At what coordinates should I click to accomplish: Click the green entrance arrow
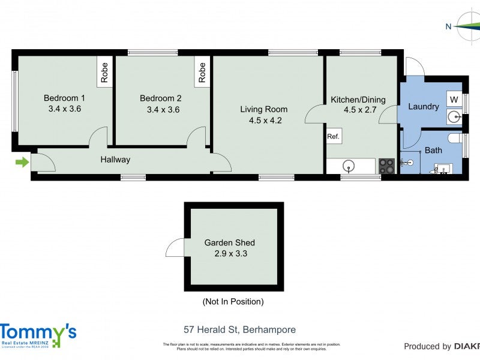tap(22, 162)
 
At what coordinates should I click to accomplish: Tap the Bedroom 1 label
tap(65, 98)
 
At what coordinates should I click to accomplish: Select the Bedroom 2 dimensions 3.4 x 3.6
tap(163, 110)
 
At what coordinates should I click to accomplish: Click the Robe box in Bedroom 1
tap(105, 73)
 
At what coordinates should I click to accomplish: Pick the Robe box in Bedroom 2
tap(202, 73)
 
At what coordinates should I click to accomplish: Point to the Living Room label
tap(263, 109)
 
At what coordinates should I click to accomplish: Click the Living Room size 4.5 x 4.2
tap(265, 120)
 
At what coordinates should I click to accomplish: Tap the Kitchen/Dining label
tap(358, 100)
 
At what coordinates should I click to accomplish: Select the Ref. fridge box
tap(334, 137)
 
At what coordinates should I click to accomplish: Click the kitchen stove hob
tap(386, 166)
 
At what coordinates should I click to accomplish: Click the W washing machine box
tap(454, 99)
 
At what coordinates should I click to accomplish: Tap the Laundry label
tap(424, 107)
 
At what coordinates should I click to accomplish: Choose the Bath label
tap(433, 151)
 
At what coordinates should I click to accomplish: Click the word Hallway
tap(115, 160)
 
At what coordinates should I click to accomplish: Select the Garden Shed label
tap(230, 243)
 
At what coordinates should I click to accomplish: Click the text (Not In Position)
tap(233, 302)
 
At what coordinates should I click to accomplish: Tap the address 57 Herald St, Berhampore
tap(239, 330)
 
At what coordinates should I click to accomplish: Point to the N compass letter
tap(448, 26)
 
